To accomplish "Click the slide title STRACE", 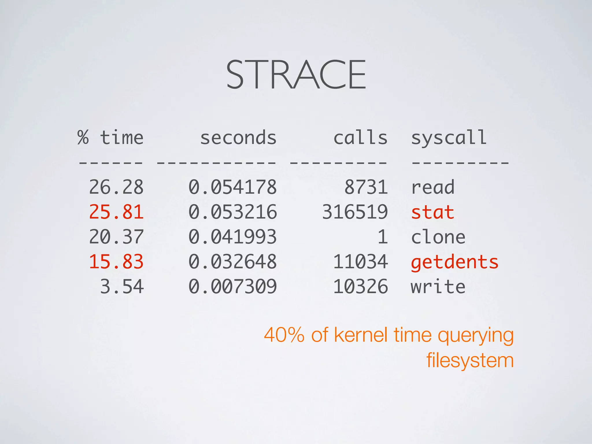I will [x=296, y=75].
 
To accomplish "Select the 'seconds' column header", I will [x=238, y=138].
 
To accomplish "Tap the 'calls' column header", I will [x=360, y=138].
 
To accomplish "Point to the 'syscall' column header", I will [x=449, y=138].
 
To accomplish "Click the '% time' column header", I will [x=110, y=138].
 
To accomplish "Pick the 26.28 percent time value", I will [x=116, y=187].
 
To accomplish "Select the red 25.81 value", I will [x=116, y=212].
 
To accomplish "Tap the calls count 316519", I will [x=355, y=212].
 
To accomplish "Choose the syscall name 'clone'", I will [x=438, y=237].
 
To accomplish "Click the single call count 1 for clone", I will [x=383, y=237].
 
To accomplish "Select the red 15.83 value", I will [x=116, y=262].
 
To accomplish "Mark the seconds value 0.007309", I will [x=233, y=287].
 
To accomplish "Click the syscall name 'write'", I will [x=438, y=287].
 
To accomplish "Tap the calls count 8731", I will [x=366, y=187].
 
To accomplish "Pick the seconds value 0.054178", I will [x=233, y=187].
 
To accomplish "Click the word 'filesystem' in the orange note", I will [x=470, y=360].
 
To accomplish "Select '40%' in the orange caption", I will [x=284, y=335].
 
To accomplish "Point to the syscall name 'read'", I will [x=432, y=187].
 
